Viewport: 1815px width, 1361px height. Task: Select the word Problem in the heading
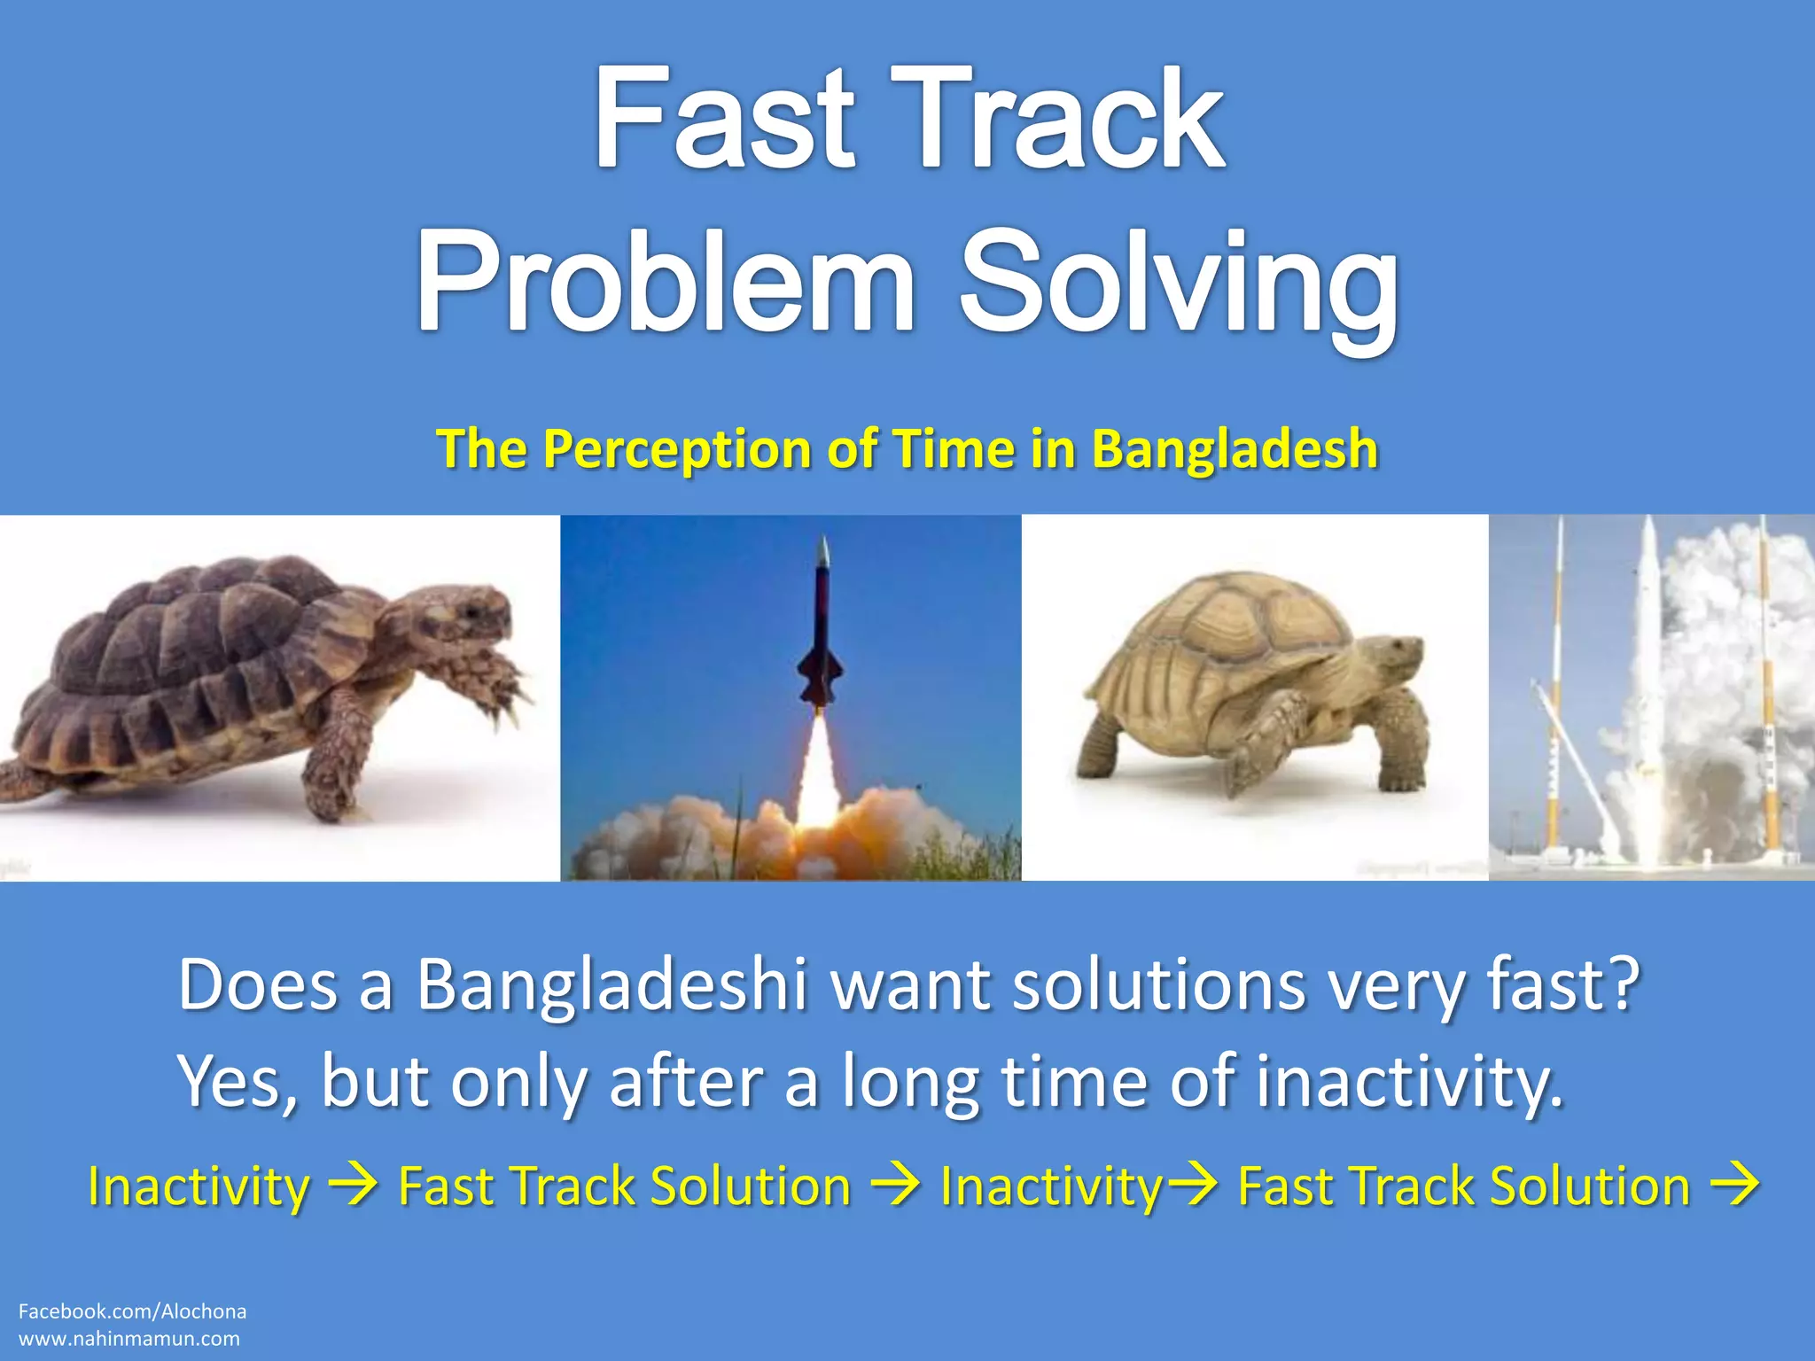(x=665, y=282)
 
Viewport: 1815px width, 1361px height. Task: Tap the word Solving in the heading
(x=1179, y=282)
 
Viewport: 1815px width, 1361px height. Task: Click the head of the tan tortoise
(x=1391, y=660)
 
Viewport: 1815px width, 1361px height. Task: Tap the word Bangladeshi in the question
(x=611, y=985)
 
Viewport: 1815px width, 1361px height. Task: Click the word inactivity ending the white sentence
(x=1409, y=1081)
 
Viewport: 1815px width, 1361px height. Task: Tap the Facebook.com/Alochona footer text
(x=132, y=1311)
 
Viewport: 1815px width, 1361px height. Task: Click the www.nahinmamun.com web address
(x=129, y=1339)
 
